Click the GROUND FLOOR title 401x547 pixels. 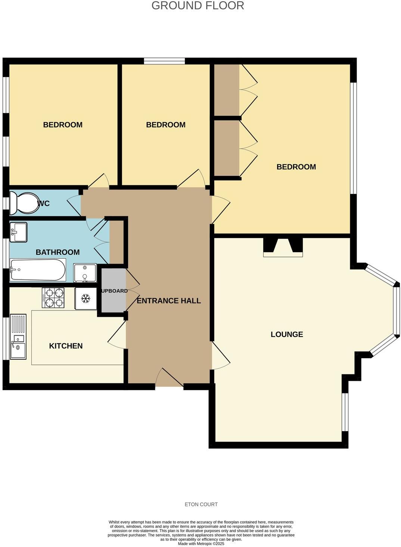(198, 6)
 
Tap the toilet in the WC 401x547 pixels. (22, 203)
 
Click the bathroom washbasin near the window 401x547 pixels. (18, 232)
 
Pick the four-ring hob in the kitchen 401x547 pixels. (53, 297)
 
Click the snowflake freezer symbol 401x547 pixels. (86, 298)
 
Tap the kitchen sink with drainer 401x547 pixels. (18, 336)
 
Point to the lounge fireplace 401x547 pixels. (283, 247)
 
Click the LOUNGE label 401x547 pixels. (287, 334)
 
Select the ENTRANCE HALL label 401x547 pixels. (169, 301)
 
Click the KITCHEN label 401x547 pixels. (66, 346)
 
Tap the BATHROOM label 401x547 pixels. (57, 252)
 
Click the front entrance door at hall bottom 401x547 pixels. (169, 378)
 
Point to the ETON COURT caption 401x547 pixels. (201, 504)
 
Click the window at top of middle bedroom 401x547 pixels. (164, 61)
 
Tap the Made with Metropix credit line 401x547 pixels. (201, 544)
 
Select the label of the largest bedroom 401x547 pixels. (296, 167)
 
